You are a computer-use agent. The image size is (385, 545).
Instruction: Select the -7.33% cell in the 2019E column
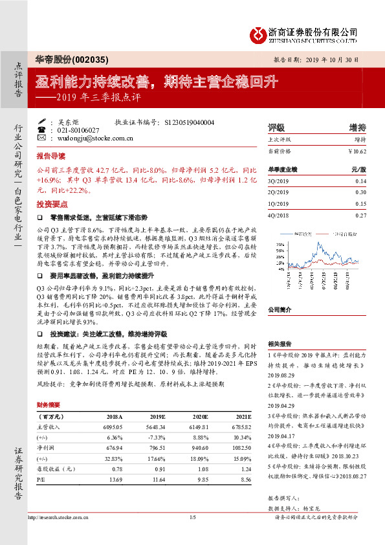pyautogui.click(x=159, y=438)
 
